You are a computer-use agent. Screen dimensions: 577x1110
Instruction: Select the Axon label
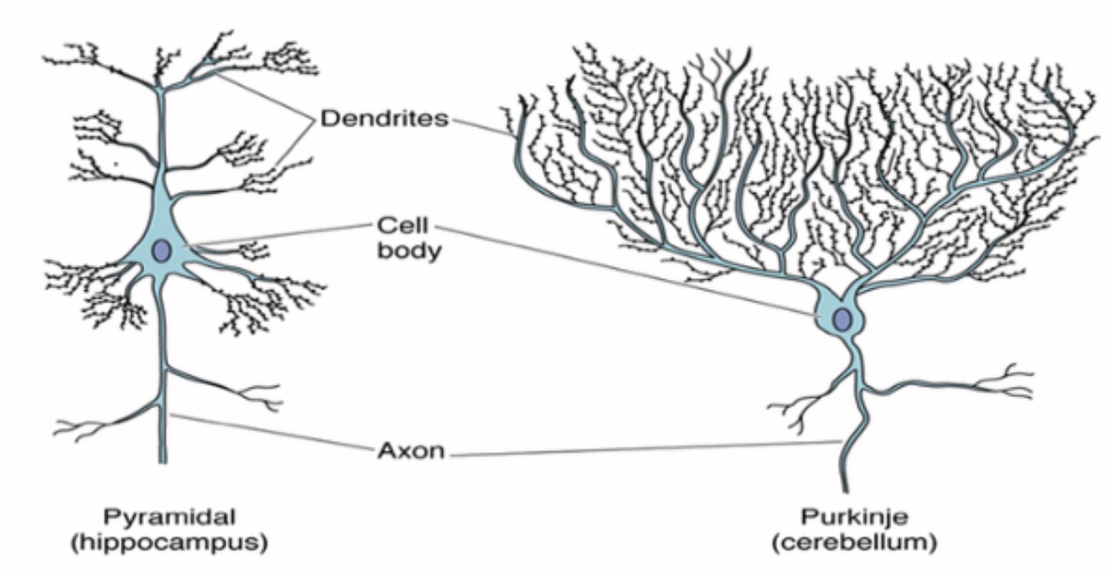pyautogui.click(x=411, y=451)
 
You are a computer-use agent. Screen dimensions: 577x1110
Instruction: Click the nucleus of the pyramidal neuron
pyautogui.click(x=162, y=251)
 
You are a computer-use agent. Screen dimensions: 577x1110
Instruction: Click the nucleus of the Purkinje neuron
pyautogui.click(x=842, y=320)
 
